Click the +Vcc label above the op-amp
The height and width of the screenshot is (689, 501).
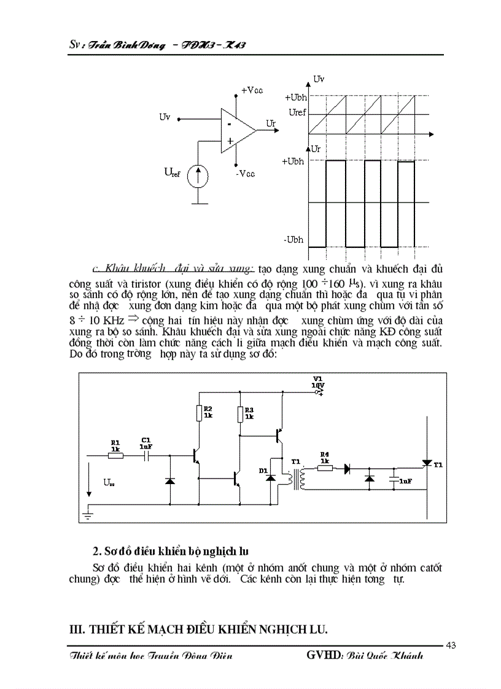point(252,90)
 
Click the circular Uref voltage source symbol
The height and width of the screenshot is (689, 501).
point(198,175)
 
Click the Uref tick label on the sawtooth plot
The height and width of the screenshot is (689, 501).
point(297,112)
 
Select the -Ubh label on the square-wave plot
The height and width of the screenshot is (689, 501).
point(294,240)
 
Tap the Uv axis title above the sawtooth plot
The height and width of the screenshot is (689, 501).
point(319,79)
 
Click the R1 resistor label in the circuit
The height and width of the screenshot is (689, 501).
point(115,441)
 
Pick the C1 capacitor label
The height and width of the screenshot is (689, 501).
point(146,440)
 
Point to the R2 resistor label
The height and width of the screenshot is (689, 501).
point(208,409)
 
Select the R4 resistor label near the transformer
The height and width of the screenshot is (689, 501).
point(325,455)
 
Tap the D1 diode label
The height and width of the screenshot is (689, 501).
point(263,470)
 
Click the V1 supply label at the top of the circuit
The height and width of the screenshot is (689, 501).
point(317,378)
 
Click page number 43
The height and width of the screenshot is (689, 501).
point(451,645)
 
